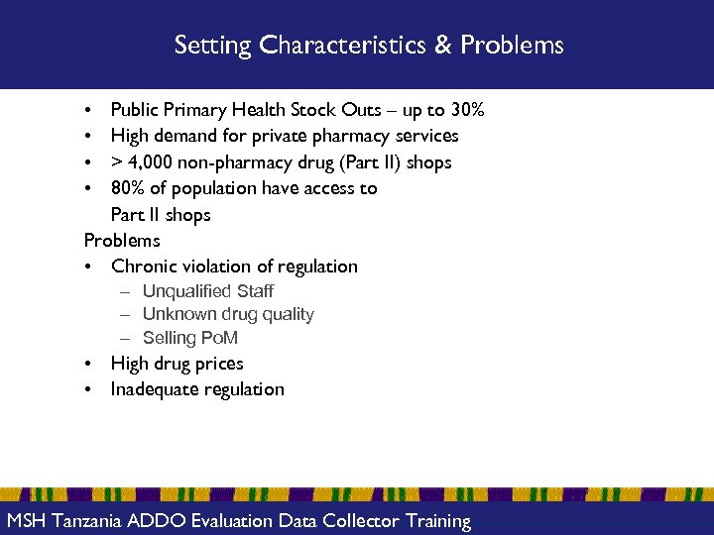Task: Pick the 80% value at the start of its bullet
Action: (x=127, y=188)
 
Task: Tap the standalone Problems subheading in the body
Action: (x=122, y=241)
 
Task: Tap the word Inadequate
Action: (x=154, y=389)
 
